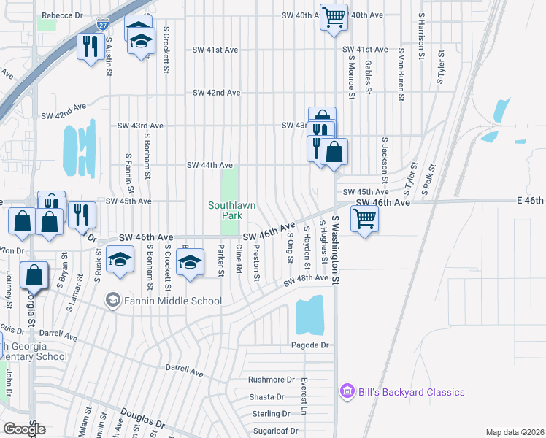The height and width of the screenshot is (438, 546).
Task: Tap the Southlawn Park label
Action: click(x=232, y=210)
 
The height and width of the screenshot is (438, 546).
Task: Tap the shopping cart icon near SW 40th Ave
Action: click(x=334, y=16)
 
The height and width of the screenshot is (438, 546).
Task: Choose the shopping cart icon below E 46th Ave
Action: click(x=364, y=218)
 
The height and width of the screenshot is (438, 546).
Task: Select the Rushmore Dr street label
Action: click(x=271, y=380)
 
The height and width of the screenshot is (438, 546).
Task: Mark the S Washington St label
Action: click(x=337, y=249)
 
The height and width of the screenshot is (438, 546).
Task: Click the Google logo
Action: click(x=23, y=429)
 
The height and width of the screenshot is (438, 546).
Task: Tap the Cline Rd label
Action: click(x=239, y=259)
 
